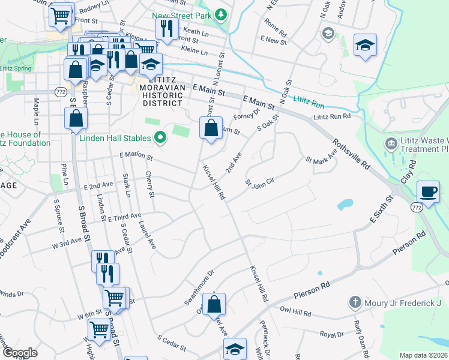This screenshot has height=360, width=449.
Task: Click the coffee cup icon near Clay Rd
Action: pos(428,192)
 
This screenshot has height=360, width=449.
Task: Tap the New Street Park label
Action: pos(182,14)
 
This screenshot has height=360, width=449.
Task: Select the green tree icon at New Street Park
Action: pos(221,13)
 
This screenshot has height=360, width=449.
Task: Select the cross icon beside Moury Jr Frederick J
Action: pos(355,302)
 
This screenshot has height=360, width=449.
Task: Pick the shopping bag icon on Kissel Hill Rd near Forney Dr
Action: pos(211,128)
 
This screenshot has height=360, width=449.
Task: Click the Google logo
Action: pos(19,353)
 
